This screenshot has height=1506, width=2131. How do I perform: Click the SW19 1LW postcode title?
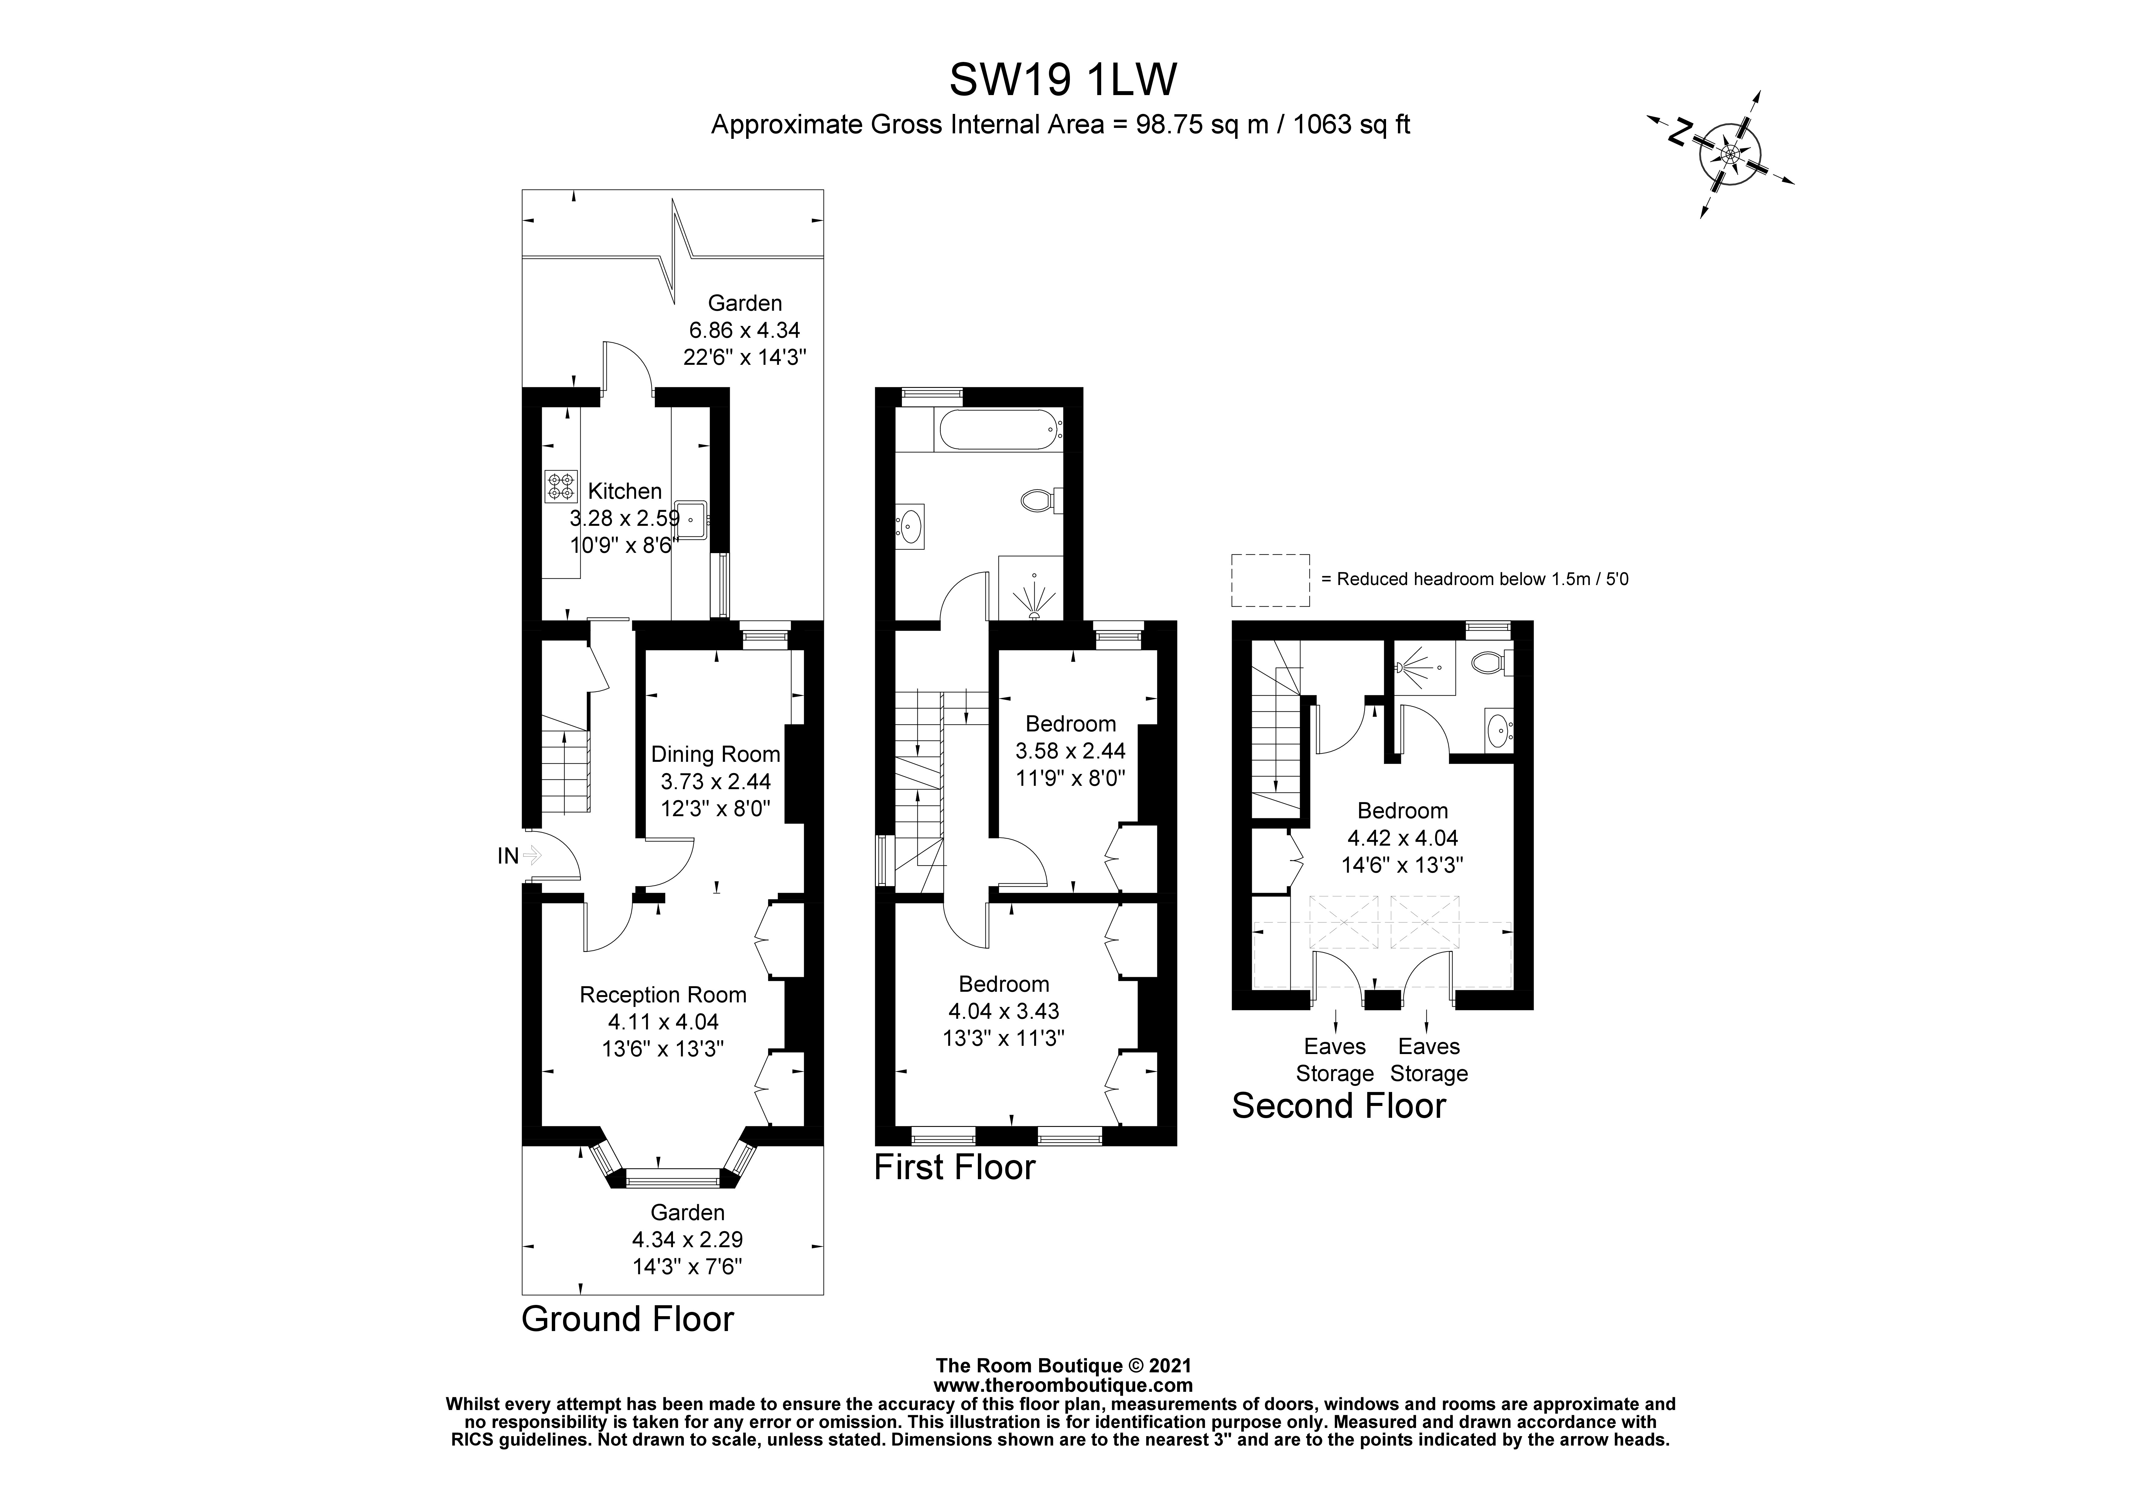(1063, 80)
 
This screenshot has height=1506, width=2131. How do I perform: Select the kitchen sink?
(692, 520)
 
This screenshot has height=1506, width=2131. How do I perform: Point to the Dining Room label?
(715, 755)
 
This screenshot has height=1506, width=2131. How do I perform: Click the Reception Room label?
(663, 995)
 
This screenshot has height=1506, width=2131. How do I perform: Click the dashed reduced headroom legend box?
(1270, 580)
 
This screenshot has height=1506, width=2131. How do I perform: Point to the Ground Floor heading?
(627, 1319)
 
